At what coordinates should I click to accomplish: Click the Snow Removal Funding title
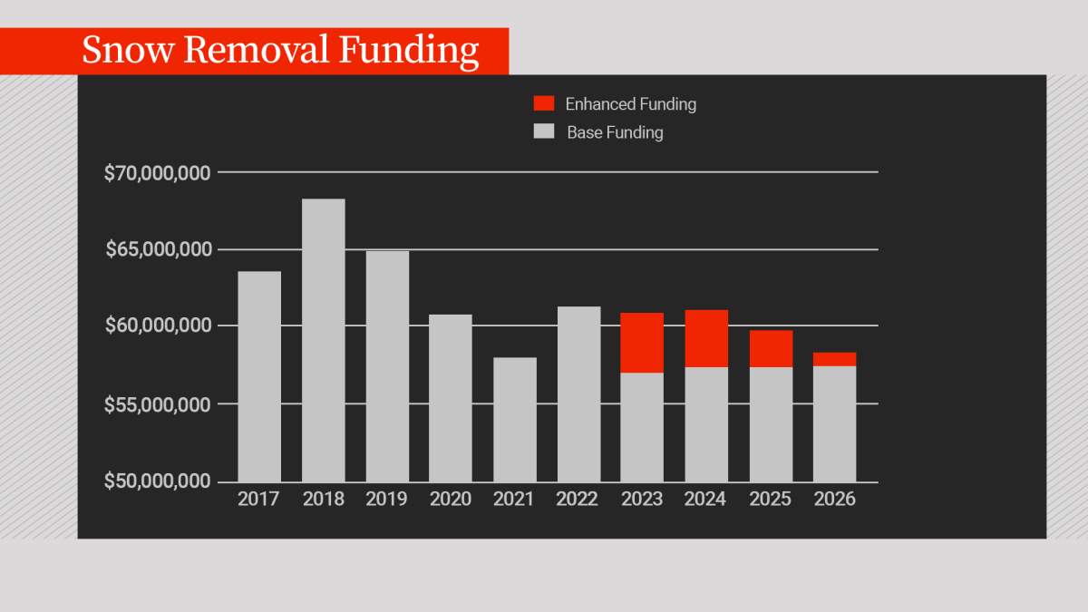tap(279, 51)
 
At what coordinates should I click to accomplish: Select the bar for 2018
tap(323, 340)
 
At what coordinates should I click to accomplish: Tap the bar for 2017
tap(258, 376)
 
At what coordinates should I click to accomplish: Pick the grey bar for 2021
tap(514, 419)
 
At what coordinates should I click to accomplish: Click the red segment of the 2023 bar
tap(642, 343)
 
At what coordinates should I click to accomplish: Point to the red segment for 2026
tap(834, 359)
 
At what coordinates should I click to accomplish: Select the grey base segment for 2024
tap(706, 424)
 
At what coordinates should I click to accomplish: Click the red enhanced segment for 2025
tap(771, 349)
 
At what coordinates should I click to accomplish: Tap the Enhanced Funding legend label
tap(630, 104)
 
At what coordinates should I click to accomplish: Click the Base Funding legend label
tap(615, 132)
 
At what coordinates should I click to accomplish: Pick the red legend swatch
tap(544, 103)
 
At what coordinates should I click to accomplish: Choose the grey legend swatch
tap(544, 131)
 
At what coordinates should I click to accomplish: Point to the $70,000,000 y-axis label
tap(158, 172)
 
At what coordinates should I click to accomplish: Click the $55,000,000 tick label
tap(158, 403)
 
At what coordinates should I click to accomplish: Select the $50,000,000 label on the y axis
tap(158, 481)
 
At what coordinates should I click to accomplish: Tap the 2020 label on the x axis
tap(451, 500)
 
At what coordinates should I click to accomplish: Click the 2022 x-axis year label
tap(578, 500)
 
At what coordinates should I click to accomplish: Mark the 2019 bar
tap(387, 366)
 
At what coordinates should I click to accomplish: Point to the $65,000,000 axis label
tap(158, 249)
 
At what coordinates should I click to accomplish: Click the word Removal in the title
tap(259, 51)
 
